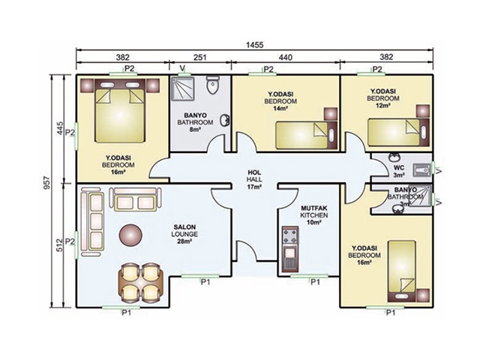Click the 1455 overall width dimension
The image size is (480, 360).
[254, 45]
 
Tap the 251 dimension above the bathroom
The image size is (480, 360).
[200, 57]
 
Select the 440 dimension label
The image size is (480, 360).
[286, 57]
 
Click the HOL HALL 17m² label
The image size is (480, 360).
[254, 180]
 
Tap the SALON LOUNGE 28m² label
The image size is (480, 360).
[184, 234]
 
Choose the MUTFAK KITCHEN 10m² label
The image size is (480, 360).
[313, 215]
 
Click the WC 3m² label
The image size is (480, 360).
[399, 172]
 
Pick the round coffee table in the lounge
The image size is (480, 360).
[130, 235]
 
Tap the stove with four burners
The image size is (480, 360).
[289, 236]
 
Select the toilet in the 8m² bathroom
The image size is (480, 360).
[212, 85]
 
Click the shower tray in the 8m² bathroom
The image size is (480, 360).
[182, 88]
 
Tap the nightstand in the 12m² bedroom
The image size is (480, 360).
[423, 111]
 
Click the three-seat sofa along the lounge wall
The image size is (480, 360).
[91, 223]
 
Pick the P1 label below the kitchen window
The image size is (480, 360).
[315, 282]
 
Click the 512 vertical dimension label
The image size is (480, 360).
[60, 245]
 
